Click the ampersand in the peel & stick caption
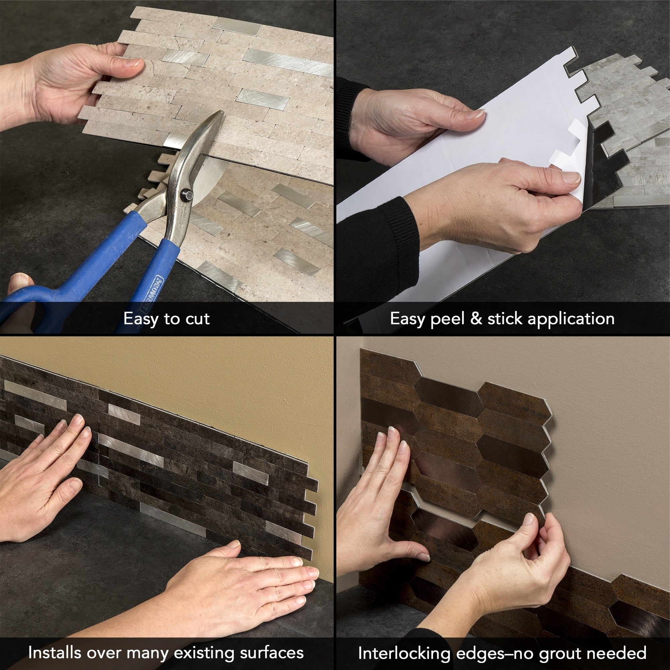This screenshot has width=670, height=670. (x=476, y=318)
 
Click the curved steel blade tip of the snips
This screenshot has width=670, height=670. (x=217, y=116)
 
